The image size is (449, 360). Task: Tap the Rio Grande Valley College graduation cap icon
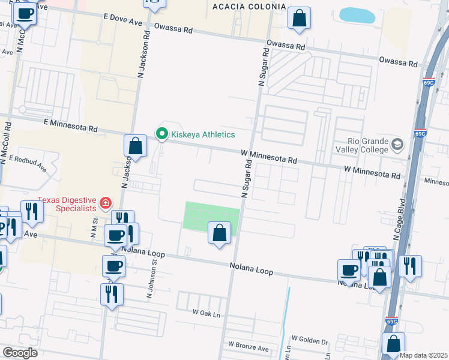coord(397,144)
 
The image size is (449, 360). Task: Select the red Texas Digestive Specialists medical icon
coord(106,203)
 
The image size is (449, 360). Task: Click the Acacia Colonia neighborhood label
coord(249,7)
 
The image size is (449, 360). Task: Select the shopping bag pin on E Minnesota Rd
coord(136,146)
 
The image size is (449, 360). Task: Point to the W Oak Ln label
coord(206,313)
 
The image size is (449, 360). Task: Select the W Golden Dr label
coord(309,341)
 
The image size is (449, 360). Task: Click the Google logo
coord(20,353)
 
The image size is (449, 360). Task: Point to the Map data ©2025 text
coord(424,355)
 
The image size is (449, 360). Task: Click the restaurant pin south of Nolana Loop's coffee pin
coord(112,294)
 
